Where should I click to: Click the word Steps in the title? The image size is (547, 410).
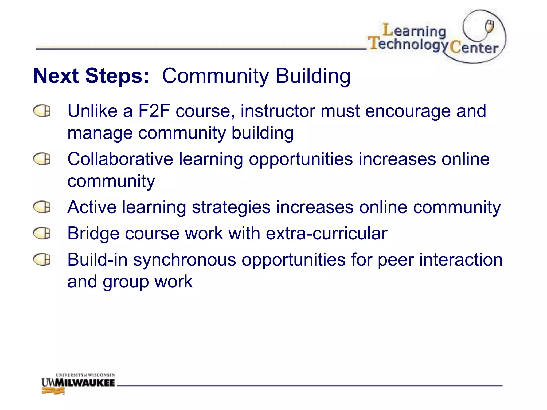click(x=117, y=76)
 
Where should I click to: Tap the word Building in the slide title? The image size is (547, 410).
click(x=313, y=76)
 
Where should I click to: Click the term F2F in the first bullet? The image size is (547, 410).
click(x=154, y=111)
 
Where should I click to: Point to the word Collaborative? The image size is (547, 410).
click(x=120, y=159)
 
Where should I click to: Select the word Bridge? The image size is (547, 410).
click(x=93, y=234)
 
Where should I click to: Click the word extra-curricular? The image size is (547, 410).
click(x=326, y=234)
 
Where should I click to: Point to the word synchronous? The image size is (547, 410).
click(x=185, y=260)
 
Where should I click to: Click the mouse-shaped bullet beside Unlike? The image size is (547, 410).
click(x=42, y=111)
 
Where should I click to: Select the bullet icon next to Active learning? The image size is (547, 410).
click(x=42, y=207)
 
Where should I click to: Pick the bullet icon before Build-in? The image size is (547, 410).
click(x=42, y=259)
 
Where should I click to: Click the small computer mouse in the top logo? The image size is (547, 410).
click(x=489, y=26)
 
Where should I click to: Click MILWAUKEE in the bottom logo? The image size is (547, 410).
click(x=85, y=383)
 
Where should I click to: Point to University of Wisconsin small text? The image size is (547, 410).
click(x=85, y=375)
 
